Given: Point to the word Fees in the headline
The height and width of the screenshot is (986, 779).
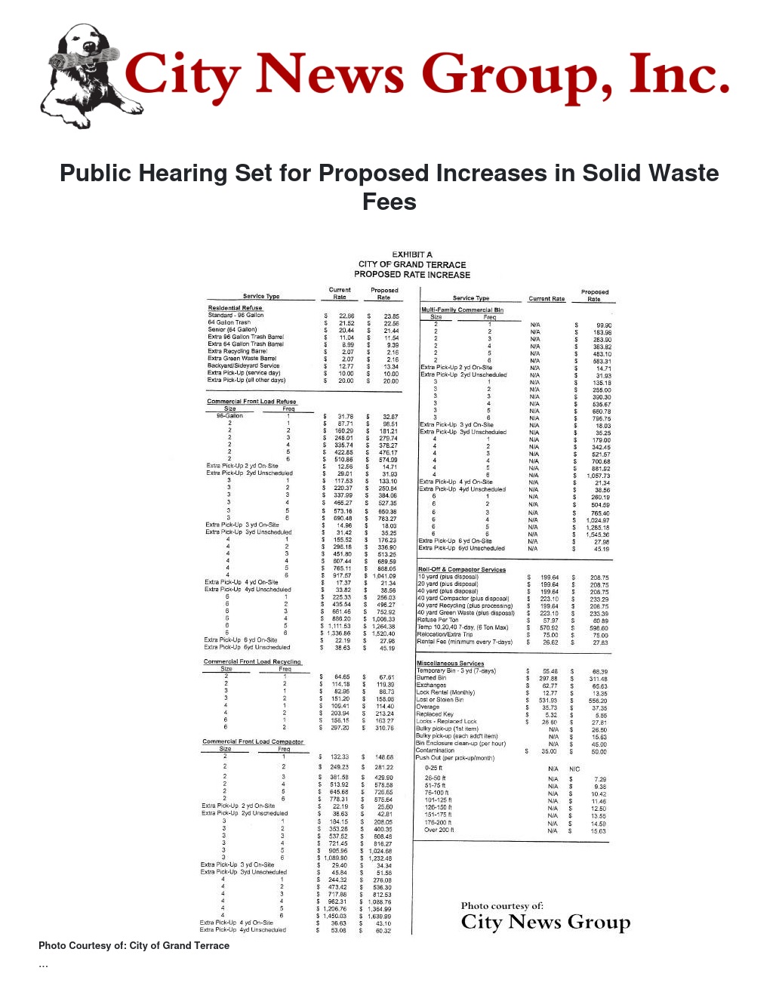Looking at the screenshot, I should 389,202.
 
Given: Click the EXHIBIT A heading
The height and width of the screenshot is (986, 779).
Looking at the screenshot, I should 412,254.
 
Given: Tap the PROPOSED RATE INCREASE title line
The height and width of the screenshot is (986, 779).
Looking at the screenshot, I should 412,275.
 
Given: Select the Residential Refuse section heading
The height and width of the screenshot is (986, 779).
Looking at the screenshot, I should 235,308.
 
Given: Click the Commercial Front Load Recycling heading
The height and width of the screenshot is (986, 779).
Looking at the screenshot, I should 252,662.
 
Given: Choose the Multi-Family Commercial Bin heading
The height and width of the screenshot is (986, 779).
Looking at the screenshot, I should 462,310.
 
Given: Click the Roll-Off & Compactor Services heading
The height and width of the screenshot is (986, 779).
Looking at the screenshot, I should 461,570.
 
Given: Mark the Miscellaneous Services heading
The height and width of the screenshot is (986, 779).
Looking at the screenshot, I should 450,664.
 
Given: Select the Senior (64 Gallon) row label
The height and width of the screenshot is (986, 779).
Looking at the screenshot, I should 232,330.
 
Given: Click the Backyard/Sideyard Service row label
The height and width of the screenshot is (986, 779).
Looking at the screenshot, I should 243,365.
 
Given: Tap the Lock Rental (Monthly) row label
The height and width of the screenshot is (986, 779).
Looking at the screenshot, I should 445,692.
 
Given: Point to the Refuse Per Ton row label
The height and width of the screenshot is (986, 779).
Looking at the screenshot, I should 438,620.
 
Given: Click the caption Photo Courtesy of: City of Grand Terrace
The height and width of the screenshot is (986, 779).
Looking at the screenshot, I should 134,945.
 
